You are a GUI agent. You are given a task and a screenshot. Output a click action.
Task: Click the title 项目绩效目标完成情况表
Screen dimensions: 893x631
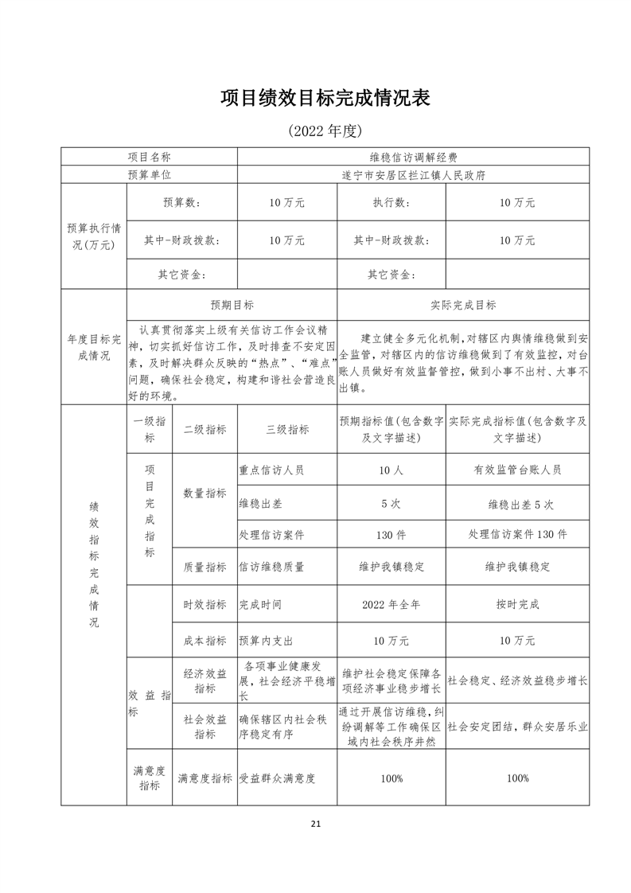click(x=325, y=98)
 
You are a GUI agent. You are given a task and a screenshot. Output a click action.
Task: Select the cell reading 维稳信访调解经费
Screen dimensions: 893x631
click(x=413, y=158)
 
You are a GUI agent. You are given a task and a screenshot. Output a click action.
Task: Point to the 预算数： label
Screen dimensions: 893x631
click(x=182, y=203)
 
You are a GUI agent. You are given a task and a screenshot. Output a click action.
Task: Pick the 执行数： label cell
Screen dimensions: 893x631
click(x=391, y=203)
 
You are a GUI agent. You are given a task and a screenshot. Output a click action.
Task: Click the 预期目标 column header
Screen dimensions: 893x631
click(x=232, y=305)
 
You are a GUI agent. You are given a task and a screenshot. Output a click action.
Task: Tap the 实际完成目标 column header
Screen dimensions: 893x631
click(x=463, y=305)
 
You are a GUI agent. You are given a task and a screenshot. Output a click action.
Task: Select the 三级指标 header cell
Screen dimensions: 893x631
click(x=287, y=429)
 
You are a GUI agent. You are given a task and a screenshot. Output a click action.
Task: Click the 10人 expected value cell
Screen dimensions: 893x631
click(x=391, y=470)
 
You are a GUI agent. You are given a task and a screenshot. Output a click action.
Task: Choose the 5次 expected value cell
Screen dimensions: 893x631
click(x=391, y=504)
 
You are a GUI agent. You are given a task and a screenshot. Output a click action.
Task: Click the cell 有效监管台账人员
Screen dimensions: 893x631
click(x=517, y=470)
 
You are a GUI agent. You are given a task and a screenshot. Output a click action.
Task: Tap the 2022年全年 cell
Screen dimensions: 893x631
click(x=391, y=605)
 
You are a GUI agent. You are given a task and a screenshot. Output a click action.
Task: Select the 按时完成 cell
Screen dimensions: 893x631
click(x=517, y=605)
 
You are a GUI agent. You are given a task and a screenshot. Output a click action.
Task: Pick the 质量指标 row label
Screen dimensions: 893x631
click(x=204, y=567)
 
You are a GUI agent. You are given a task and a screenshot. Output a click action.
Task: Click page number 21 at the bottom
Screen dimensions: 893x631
click(x=316, y=824)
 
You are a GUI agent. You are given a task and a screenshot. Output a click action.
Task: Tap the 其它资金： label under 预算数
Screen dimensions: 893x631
click(x=182, y=275)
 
